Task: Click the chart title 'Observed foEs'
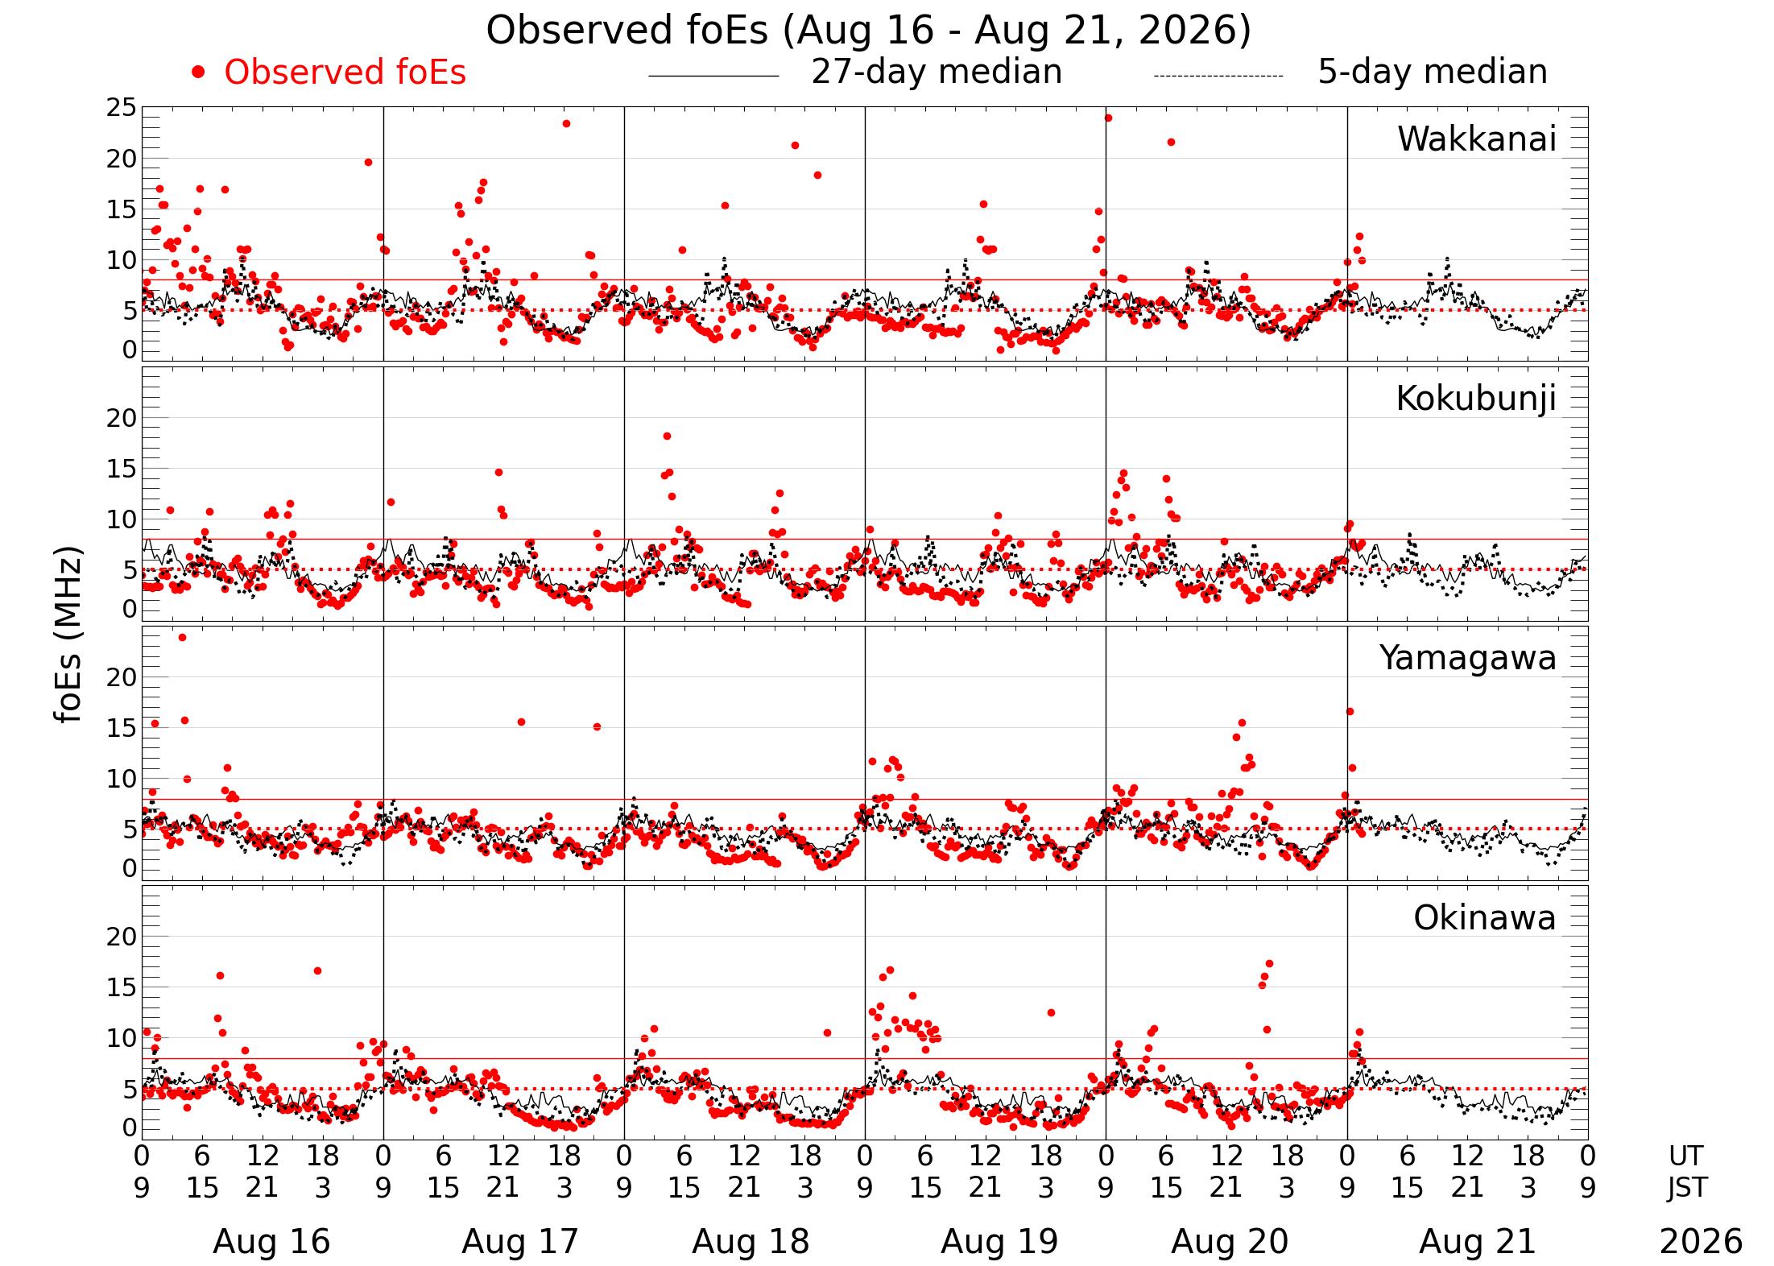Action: tap(630, 31)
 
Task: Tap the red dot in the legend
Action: tap(198, 72)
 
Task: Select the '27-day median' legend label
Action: tap(937, 72)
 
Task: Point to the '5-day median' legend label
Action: tap(1433, 72)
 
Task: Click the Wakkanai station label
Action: tap(1476, 139)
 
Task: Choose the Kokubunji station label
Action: tap(1475, 399)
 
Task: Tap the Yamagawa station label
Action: tap(1467, 659)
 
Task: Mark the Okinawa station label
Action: tap(1484, 918)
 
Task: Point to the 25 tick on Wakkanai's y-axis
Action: tap(122, 108)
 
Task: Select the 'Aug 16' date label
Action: tap(271, 1242)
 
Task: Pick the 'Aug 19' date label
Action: tap(999, 1242)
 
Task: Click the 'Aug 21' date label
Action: tap(1478, 1242)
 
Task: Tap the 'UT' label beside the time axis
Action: tap(1685, 1156)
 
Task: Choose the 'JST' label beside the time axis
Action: tap(1687, 1188)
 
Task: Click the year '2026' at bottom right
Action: tap(1701, 1242)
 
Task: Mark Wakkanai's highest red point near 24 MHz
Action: tap(1108, 118)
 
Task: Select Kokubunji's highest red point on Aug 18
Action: tap(667, 436)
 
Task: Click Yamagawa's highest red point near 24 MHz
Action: tap(182, 638)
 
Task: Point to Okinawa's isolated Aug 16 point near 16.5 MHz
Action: tap(317, 971)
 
